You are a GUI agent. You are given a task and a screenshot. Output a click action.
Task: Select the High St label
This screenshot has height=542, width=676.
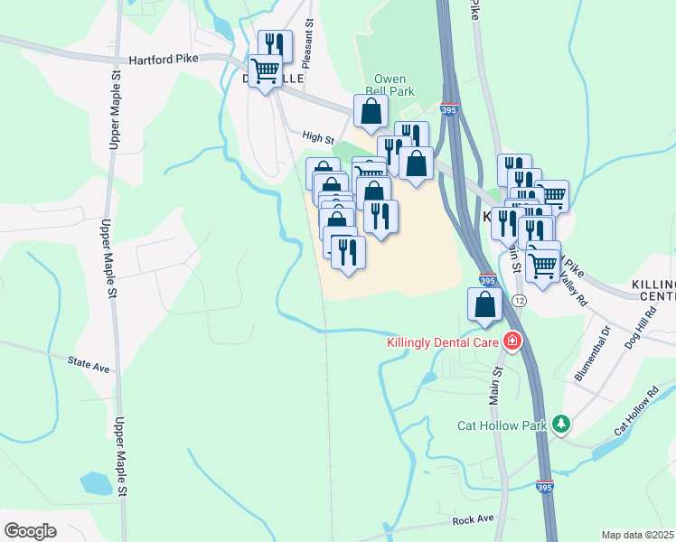(318, 138)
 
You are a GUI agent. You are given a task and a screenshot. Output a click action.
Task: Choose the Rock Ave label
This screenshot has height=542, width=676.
(474, 519)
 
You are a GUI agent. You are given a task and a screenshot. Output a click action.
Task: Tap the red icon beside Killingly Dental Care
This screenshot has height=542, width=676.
(512, 341)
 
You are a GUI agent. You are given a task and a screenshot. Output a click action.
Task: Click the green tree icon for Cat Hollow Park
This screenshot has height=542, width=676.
(561, 423)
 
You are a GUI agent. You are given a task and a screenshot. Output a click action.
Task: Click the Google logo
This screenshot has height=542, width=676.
(30, 530)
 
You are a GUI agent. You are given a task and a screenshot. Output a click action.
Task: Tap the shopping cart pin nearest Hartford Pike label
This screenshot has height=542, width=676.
(265, 70)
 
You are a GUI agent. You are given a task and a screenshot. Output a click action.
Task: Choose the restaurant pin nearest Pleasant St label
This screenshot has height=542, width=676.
(274, 45)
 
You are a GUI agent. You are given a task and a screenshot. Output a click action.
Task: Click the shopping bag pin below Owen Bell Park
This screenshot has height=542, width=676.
(371, 112)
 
